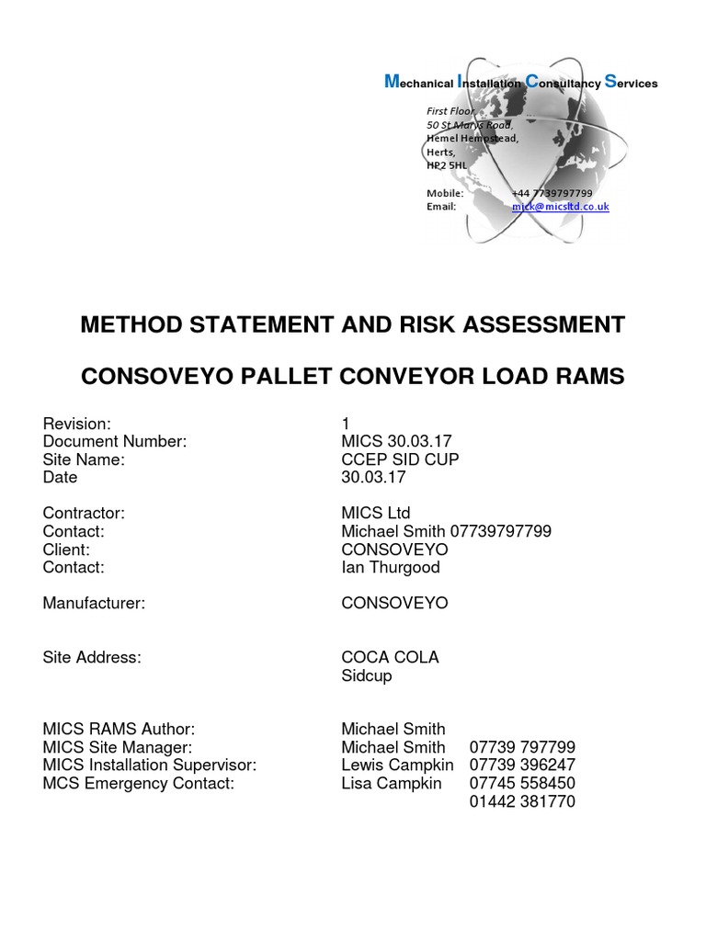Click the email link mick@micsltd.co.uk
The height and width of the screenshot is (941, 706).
560,207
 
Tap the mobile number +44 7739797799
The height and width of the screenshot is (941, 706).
552,193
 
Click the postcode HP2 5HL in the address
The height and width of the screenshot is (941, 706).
447,165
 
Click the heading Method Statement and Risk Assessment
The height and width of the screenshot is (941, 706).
353,324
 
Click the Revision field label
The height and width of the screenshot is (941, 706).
77,424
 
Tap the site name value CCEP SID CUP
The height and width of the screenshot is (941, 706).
400,459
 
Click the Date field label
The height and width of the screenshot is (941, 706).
61,478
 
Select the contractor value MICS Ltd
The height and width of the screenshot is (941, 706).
376,513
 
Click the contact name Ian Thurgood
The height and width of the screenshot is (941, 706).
391,567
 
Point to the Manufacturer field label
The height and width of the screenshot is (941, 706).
95,603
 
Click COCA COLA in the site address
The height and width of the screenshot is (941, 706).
390,657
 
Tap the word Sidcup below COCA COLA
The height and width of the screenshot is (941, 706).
367,675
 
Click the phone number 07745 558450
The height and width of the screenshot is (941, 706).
522,783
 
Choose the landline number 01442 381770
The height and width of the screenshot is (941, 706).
522,801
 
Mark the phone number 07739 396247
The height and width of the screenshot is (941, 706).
522,765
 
